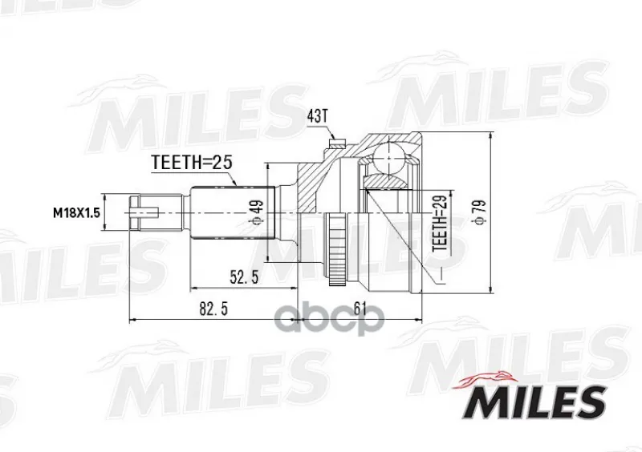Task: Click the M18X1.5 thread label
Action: point(76,213)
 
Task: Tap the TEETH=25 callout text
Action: point(192,163)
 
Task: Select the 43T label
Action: point(317,116)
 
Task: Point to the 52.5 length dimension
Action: point(244,278)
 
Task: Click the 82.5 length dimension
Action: point(213,309)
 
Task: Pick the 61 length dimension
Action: point(359,309)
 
